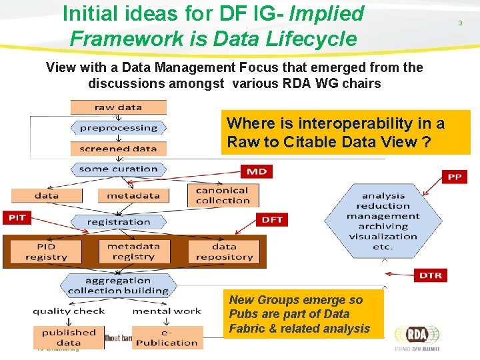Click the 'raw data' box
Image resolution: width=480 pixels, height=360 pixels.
pos(118,107)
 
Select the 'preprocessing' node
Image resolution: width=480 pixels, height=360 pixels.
pos(118,127)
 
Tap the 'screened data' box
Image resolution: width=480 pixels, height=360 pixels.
pos(118,149)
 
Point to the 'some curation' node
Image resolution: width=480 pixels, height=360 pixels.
pos(118,169)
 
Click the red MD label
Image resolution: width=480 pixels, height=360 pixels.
pos(256,171)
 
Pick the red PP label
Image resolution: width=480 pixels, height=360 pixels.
pos(454,177)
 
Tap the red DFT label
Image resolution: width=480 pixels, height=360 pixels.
pos(272,219)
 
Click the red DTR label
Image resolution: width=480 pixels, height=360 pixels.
pos(430,275)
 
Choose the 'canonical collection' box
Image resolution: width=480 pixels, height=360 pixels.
pos(223,195)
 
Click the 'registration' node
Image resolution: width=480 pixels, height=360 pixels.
pos(119,221)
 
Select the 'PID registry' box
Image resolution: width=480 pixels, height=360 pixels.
pos(46,251)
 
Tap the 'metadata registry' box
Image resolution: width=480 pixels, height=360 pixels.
pos(133,251)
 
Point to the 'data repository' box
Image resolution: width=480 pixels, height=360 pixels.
pos(224,251)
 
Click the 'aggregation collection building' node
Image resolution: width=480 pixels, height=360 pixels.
pos(118,285)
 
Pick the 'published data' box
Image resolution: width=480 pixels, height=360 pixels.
pos(69,337)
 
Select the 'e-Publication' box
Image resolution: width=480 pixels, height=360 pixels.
pos(167,337)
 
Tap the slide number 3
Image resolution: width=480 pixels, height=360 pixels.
pos(459,23)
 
